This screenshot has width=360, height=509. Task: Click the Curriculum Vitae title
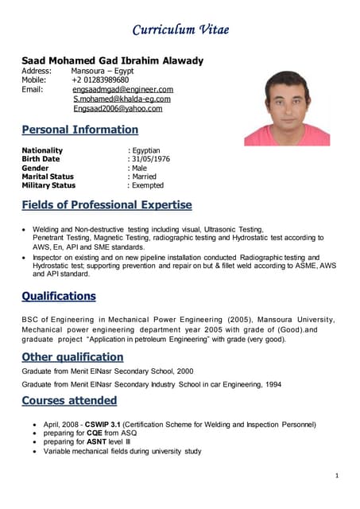[180, 29]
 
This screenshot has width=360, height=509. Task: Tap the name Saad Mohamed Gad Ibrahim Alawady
[112, 60]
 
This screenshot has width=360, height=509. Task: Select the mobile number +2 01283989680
[100, 80]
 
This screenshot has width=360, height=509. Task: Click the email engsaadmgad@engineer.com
[122, 89]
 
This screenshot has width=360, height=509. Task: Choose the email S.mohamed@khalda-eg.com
[122, 99]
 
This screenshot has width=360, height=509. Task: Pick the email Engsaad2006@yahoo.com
[118, 108]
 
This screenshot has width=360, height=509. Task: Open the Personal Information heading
[79, 130]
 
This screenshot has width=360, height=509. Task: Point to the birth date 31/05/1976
[150, 159]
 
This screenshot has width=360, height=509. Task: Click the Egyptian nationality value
[145, 150]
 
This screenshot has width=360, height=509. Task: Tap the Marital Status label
[48, 177]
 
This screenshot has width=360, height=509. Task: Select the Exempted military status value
[147, 185]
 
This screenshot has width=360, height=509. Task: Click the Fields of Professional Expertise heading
[106, 205]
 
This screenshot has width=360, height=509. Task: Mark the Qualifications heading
[59, 297]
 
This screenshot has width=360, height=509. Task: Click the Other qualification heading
[72, 356]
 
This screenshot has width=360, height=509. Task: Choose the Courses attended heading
[69, 400]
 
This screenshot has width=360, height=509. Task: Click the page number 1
[337, 476]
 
